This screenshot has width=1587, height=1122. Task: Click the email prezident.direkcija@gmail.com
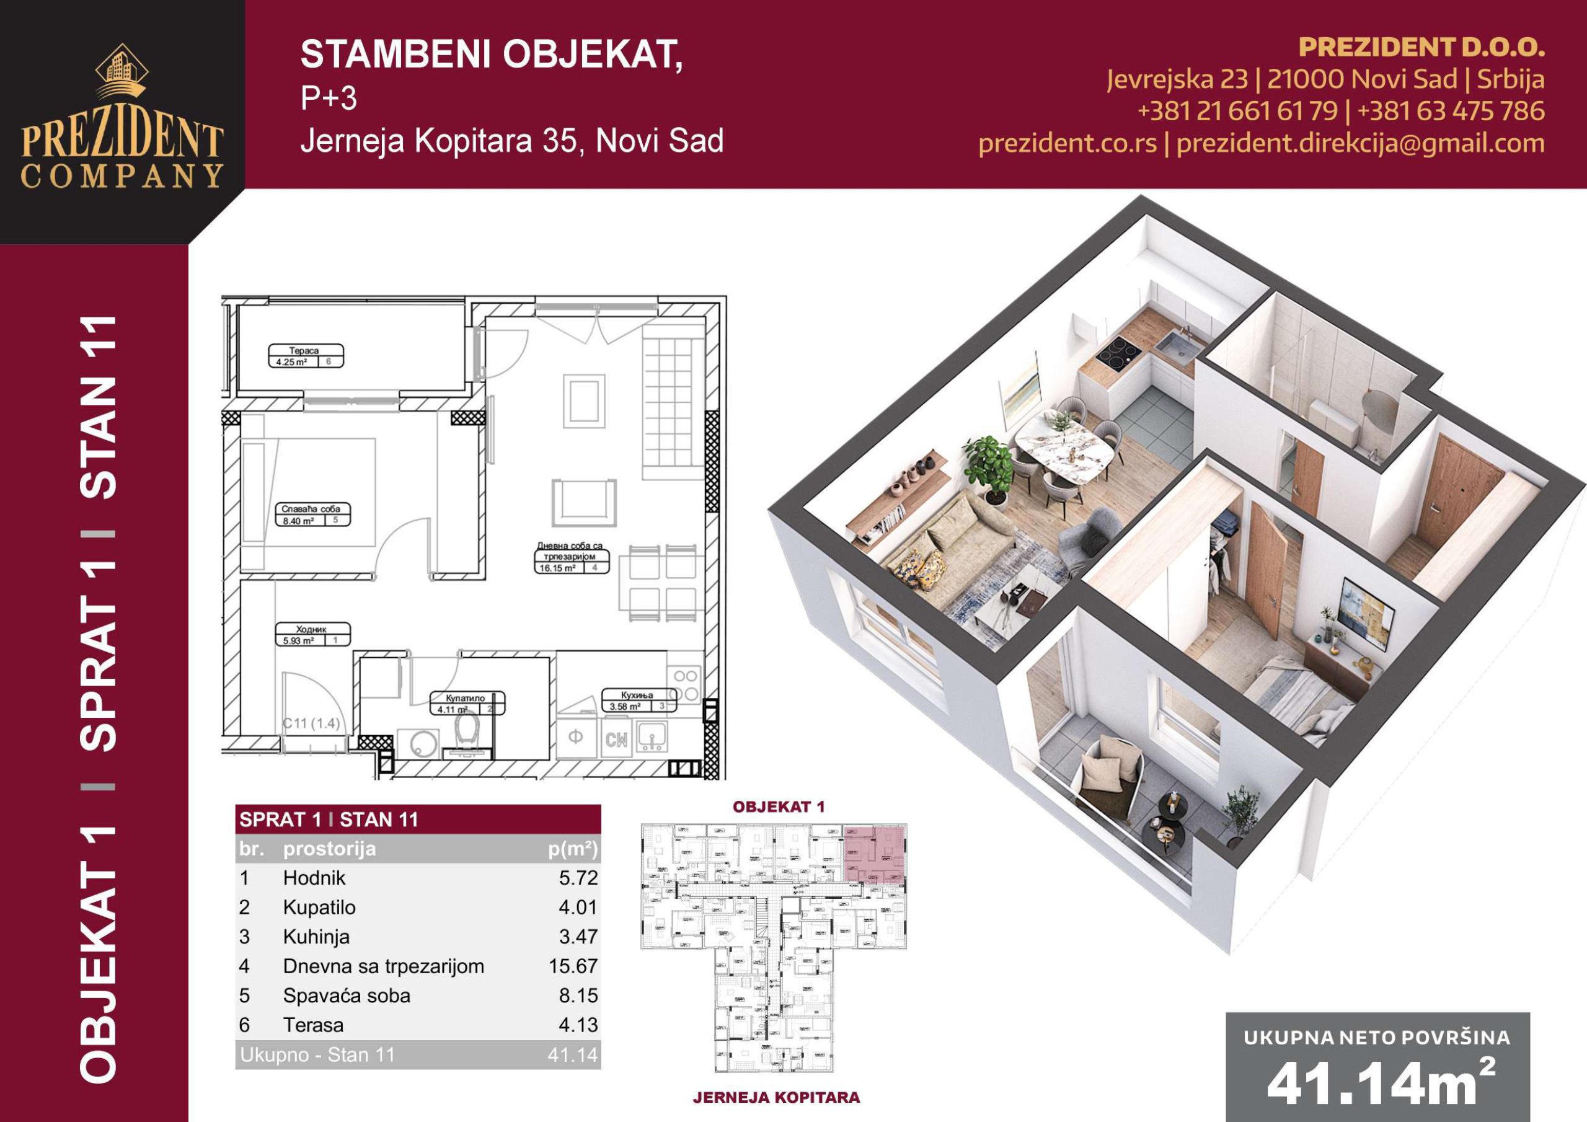(x=1360, y=143)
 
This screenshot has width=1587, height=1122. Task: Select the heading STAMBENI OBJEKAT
(x=492, y=55)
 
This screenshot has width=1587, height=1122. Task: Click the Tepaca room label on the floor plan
(x=304, y=350)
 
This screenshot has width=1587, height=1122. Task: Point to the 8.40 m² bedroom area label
(x=298, y=521)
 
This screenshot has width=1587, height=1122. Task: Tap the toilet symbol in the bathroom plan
(x=468, y=730)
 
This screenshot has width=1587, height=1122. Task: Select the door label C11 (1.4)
(x=311, y=724)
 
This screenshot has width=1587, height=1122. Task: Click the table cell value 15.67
(x=573, y=966)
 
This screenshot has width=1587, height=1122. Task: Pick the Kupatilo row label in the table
(x=319, y=907)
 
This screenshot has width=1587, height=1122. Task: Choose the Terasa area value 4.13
(x=578, y=1025)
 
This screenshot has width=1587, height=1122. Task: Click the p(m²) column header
(x=572, y=849)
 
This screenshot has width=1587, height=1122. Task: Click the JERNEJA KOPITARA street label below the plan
(x=776, y=1097)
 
